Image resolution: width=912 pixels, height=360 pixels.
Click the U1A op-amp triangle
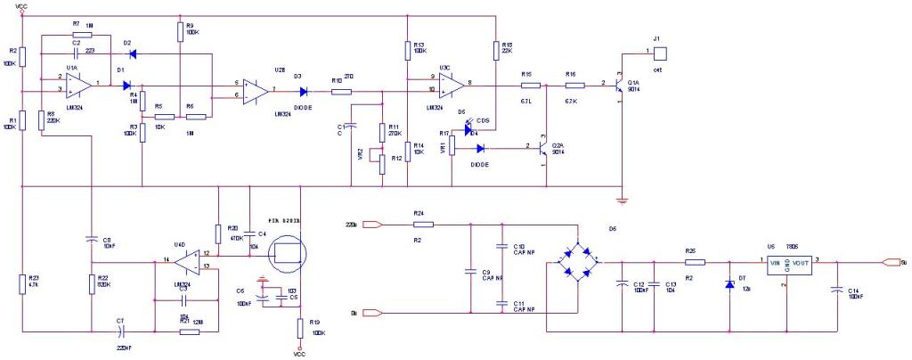(78, 85)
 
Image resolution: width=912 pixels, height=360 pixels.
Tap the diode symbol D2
(133, 52)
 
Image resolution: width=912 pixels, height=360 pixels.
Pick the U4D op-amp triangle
(186, 262)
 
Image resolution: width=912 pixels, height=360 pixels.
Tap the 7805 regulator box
(787, 264)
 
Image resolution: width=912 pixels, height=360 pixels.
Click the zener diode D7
(730, 284)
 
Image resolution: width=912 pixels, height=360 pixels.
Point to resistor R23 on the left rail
(22, 284)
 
